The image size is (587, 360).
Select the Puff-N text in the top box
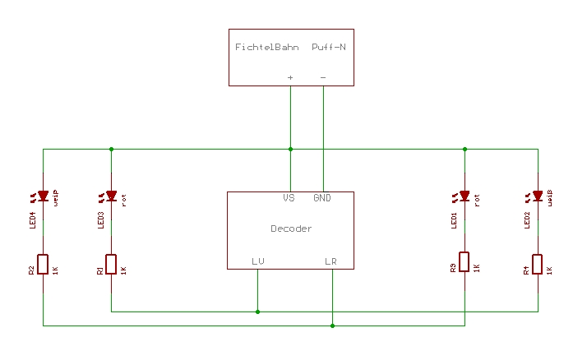pos(329,48)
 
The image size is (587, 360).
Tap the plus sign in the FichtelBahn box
pos(290,77)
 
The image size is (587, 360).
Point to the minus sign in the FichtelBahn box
pos(322,77)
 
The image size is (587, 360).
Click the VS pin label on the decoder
pos(289,198)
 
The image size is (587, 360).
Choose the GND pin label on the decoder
pos(321,198)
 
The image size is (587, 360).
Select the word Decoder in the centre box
pos(291,228)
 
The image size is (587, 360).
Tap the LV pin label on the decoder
pos(258,261)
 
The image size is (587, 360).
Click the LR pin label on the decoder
pos(330,261)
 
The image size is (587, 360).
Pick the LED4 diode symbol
pos(43,196)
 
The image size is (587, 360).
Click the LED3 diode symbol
pos(111,196)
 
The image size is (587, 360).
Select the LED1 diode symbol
pos(465,196)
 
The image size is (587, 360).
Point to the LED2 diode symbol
pos(538,196)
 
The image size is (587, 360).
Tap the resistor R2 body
pos(43,263)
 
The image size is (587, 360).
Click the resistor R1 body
pos(111,263)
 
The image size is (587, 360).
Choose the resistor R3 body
pos(465,262)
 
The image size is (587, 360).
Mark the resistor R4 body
pos(538,263)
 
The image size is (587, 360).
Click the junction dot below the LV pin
pos(258,312)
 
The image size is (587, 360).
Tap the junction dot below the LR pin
pos(332,325)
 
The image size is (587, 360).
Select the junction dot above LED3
pos(111,150)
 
